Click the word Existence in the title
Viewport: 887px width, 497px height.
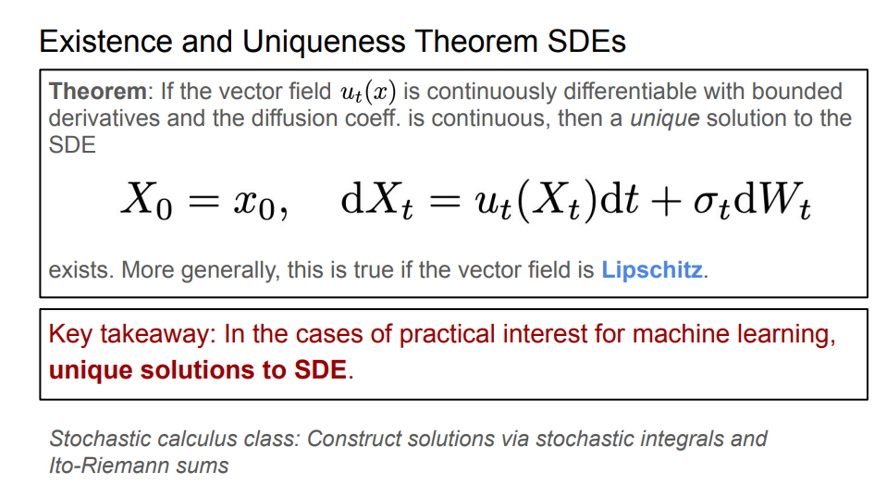[105, 42]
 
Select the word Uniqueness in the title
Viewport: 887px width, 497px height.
[324, 42]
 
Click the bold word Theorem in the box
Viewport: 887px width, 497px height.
[98, 91]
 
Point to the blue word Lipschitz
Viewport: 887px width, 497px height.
[652, 270]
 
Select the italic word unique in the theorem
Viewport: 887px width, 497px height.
[665, 118]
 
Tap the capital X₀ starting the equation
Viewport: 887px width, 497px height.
[147, 201]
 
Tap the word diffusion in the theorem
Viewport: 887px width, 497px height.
[292, 118]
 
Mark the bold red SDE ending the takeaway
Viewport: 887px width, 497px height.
[320, 369]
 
